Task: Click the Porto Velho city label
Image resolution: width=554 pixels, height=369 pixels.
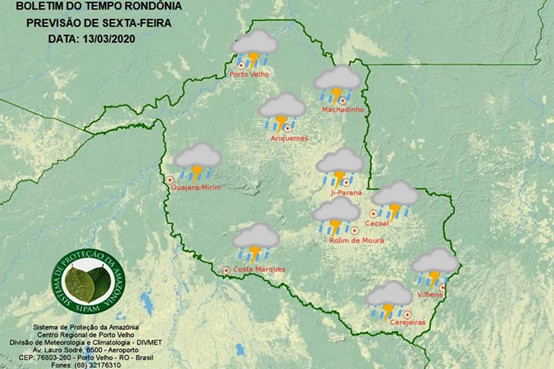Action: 249,74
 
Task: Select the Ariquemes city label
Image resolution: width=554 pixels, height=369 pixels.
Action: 289,138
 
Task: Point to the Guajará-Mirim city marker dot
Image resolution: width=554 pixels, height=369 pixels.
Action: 170,180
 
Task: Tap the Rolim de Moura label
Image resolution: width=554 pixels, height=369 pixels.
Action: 356,240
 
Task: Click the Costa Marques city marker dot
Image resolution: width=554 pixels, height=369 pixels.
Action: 226,270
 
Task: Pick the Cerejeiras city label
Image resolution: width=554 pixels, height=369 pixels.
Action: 407,323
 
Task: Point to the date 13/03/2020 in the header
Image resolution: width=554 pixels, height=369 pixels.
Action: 108,40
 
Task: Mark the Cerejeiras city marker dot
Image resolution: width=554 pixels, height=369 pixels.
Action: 407,314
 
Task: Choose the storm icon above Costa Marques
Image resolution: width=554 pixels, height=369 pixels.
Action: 255,242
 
